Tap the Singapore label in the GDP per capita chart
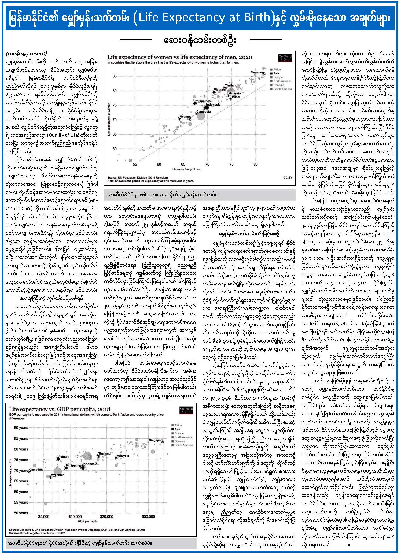click(156, 440)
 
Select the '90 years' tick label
click(21, 428)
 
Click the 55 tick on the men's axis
click(135, 164)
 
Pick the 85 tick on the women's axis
click(115, 76)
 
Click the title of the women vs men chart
click(180, 57)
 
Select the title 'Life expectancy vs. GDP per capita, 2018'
click(60, 409)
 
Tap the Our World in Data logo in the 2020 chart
click(285, 58)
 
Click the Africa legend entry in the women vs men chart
click(277, 69)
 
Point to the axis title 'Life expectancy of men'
click(186, 169)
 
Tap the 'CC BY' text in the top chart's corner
click(288, 177)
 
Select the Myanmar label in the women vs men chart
click(186, 117)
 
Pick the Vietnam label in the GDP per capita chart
click(63, 457)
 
